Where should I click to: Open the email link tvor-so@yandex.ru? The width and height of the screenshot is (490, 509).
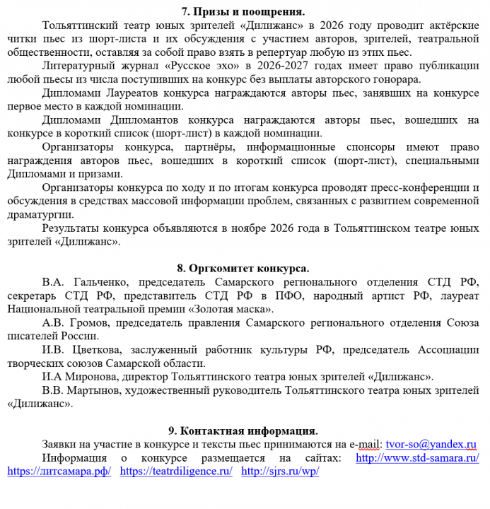(431, 444)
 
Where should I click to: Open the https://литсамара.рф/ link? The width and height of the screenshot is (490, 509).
(59, 471)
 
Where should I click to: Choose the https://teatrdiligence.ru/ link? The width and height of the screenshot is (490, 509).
(176, 471)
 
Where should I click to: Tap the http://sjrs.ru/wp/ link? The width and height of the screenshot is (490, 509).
(280, 471)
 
